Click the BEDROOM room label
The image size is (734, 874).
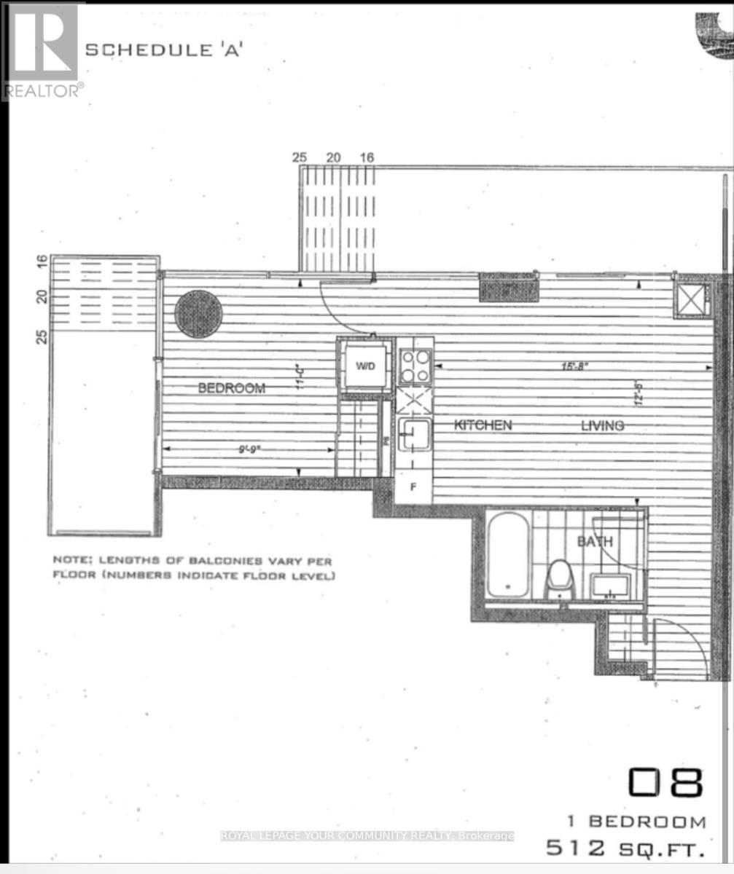point(231,388)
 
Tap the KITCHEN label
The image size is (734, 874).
point(483,425)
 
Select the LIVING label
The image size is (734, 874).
point(602,425)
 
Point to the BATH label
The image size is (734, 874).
point(596,542)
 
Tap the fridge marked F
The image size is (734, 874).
point(413,487)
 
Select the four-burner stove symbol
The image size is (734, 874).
point(415,366)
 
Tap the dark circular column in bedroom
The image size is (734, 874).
point(198,314)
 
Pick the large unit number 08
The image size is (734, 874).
point(665,783)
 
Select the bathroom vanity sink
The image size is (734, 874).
point(612,584)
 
